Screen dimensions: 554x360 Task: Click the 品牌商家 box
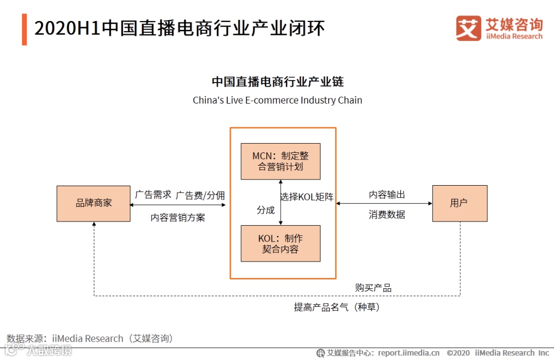click(93, 204)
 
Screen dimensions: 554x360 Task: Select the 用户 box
click(460, 204)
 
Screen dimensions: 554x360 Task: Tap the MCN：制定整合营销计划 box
click(281, 161)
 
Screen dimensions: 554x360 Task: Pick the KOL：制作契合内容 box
click(281, 244)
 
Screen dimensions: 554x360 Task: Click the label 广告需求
click(153, 195)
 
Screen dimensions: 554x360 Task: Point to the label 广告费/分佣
click(200, 195)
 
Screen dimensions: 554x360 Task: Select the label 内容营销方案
click(177, 217)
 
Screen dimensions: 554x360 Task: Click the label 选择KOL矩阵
click(307, 196)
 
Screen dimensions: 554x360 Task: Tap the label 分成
click(266, 210)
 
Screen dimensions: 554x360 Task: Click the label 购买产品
click(373, 288)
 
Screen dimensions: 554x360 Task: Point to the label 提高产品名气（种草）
click(337, 307)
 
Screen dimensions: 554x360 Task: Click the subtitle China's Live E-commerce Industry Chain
click(278, 101)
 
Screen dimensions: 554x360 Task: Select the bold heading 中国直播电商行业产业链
click(278, 82)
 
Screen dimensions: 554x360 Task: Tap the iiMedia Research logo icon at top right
click(468, 28)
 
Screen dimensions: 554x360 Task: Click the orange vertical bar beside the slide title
click(24, 29)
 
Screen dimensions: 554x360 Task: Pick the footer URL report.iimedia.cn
click(409, 353)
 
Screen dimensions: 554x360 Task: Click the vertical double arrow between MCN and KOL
click(281, 203)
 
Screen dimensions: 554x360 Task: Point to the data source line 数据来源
click(90, 338)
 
